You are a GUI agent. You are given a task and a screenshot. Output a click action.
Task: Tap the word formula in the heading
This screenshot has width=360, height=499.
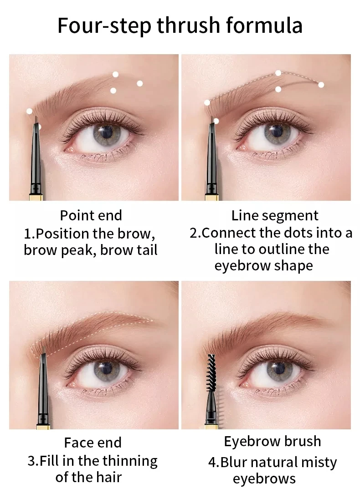(x=265, y=25)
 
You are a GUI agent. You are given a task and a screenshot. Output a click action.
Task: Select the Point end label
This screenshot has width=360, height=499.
(x=91, y=215)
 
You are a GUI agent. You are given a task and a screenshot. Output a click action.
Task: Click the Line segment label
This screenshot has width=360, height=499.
(x=275, y=215)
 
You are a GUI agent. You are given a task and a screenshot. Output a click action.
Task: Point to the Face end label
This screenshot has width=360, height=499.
(x=93, y=443)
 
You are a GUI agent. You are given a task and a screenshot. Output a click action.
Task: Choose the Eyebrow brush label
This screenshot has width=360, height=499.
(x=273, y=441)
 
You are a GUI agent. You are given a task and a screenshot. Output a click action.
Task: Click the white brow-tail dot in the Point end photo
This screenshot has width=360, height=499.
(x=139, y=83)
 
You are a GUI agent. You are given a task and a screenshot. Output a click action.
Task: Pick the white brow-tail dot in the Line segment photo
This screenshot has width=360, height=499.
(x=321, y=85)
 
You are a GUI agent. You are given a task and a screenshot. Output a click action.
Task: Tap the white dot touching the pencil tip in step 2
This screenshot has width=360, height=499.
(x=216, y=121)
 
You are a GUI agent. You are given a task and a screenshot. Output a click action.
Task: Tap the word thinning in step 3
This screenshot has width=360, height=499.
(x=130, y=461)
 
